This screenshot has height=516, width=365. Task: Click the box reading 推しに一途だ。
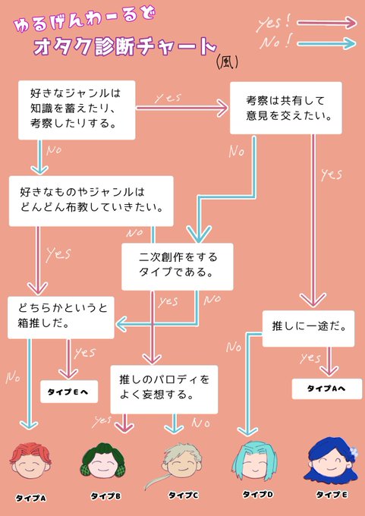308,329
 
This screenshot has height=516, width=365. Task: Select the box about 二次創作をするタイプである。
178,266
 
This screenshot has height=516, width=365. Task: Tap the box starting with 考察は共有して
285,108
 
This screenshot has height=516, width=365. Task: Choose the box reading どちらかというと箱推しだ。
61,317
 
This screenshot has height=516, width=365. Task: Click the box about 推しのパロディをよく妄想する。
164,389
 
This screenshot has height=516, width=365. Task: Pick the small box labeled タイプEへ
69,392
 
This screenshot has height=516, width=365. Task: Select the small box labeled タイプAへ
327,389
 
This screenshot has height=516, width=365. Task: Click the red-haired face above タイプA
30,461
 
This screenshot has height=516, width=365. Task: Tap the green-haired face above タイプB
104,461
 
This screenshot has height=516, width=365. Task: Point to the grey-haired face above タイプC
178,462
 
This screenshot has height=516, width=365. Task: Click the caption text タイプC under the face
184,496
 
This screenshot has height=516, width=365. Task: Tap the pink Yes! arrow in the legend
326,23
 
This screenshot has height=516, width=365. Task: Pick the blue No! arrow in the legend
326,43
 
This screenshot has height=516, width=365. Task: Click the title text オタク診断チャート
124,46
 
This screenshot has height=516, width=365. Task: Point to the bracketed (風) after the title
227,61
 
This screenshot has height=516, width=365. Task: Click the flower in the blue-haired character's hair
353,451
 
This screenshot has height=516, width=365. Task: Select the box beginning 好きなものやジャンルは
91,201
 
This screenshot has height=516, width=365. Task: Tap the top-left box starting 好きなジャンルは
77,110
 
